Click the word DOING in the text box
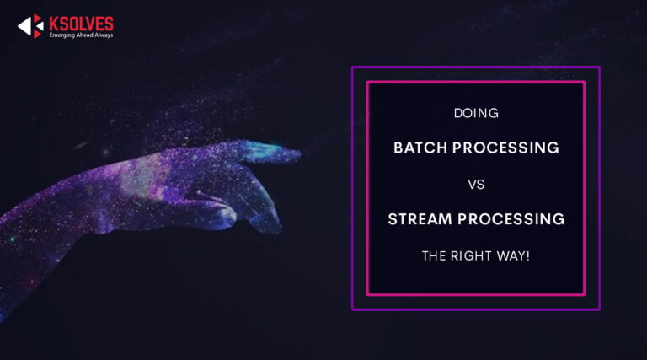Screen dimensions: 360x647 tap(476, 111)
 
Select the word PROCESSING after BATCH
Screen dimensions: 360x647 tap(506, 148)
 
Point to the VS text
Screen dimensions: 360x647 tap(476, 184)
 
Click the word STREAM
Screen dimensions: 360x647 tap(419, 219)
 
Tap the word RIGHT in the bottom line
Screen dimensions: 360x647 tap(475, 255)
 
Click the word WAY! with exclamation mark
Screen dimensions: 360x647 tap(515, 255)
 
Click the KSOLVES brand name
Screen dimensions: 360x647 tap(82, 23)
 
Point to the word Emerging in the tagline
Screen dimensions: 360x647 tap(64, 35)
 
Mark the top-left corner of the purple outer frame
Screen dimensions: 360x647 tap(353, 67)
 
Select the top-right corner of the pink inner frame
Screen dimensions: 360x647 tap(584, 83)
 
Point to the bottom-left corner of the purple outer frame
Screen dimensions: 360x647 tap(353, 309)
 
